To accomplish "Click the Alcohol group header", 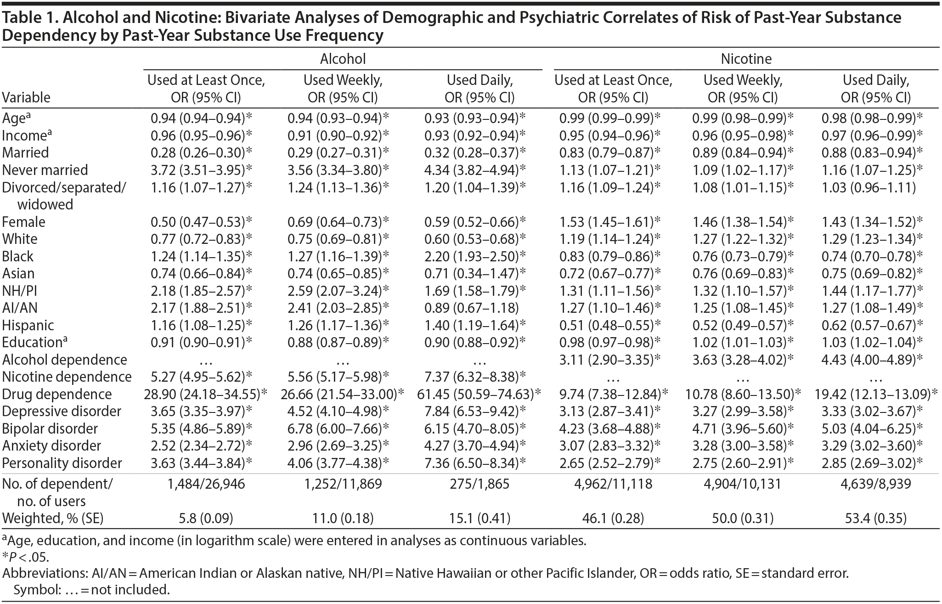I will click(343, 59).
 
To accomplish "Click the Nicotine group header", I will click(746, 59).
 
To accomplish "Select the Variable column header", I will click(26, 97).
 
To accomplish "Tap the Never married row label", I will click(45, 170).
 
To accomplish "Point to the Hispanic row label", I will click(28, 325).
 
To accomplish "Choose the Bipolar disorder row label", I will click(50, 429).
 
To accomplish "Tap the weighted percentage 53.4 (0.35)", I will click(875, 519).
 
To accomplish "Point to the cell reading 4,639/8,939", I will click(875, 484).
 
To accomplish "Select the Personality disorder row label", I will click(62, 463).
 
